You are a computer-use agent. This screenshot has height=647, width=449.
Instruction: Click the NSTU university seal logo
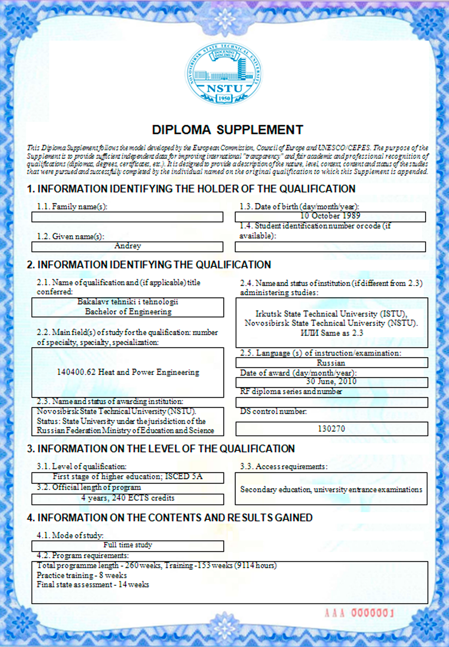[x=224, y=74]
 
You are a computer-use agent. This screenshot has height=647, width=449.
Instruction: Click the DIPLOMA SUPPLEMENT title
[x=227, y=130]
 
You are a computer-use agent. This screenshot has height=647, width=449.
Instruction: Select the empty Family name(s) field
[x=127, y=217]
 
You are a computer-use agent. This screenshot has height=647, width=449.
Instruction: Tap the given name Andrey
[x=128, y=246]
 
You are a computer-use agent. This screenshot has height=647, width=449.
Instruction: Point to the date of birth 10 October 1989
[x=330, y=216]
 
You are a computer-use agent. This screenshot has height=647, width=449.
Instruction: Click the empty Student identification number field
[x=330, y=247]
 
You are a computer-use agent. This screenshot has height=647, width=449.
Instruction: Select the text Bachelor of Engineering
[x=128, y=312]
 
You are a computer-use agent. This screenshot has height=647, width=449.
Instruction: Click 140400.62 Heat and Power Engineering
[x=128, y=372]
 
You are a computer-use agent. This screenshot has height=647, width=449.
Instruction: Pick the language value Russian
[x=331, y=363]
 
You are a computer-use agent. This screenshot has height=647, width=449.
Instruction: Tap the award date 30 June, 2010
[x=331, y=382]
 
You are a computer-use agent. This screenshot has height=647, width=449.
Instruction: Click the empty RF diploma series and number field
[x=331, y=403]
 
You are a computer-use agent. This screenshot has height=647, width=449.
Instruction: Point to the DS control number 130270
[x=331, y=429]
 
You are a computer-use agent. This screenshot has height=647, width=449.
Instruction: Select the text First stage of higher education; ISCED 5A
[x=128, y=477]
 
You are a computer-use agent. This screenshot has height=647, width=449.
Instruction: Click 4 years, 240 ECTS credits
[x=128, y=498]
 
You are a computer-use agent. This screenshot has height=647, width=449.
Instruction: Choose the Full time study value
[x=128, y=545]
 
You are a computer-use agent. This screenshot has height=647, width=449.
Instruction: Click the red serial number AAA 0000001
[x=359, y=613]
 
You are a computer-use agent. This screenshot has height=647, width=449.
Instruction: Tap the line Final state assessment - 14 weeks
[x=93, y=585]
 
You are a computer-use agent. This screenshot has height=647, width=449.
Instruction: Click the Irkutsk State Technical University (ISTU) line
[x=331, y=314]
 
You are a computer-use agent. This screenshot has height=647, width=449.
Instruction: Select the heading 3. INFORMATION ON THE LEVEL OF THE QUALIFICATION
[x=161, y=449]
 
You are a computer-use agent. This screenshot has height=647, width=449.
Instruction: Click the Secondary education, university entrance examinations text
[x=331, y=490]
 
